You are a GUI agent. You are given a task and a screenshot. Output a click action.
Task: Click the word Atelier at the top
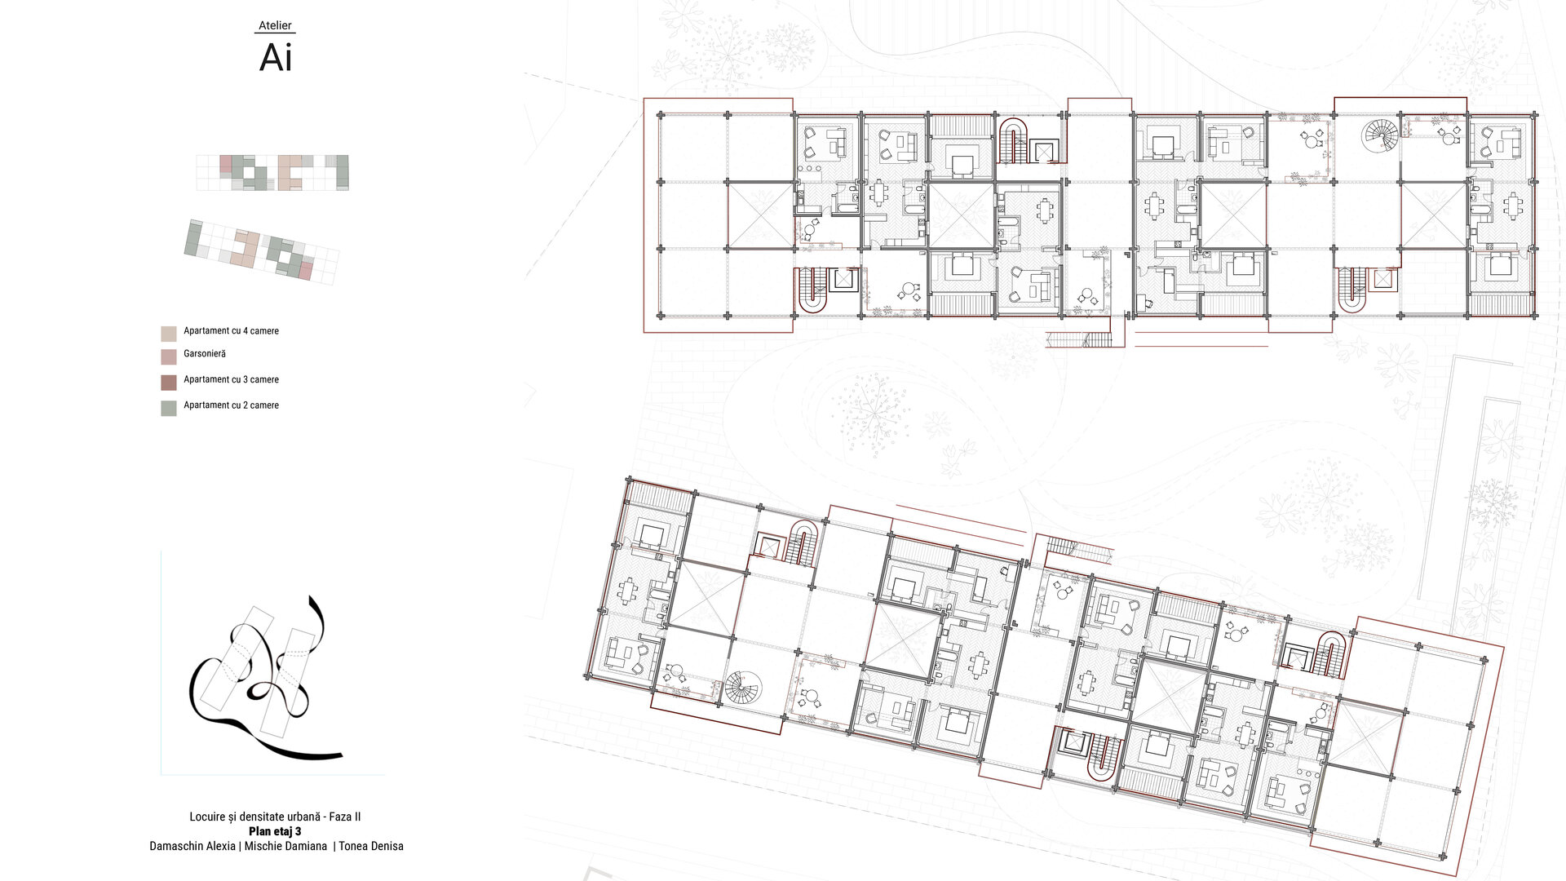275,25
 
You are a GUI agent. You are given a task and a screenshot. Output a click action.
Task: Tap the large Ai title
276,58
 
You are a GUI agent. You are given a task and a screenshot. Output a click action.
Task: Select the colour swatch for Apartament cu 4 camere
169,334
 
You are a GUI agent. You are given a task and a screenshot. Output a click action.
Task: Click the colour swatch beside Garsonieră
169,356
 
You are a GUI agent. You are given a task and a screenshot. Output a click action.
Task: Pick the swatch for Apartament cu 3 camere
169,383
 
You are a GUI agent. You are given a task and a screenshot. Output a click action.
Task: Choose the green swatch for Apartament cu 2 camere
169,409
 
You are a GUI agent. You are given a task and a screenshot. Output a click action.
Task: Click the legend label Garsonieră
205,354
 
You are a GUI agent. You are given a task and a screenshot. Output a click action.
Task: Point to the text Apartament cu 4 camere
231,331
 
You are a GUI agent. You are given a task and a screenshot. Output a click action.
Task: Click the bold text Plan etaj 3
275,831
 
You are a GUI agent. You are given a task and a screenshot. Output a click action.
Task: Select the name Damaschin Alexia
192,846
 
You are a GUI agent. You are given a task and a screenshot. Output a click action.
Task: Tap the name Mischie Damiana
285,846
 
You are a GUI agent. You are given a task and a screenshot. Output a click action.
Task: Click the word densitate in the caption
265,817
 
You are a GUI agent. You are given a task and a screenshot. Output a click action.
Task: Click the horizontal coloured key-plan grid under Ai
272,173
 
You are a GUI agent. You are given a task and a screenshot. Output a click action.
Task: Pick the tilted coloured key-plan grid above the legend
261,252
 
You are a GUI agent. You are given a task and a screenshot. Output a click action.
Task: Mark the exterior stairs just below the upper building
1080,339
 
